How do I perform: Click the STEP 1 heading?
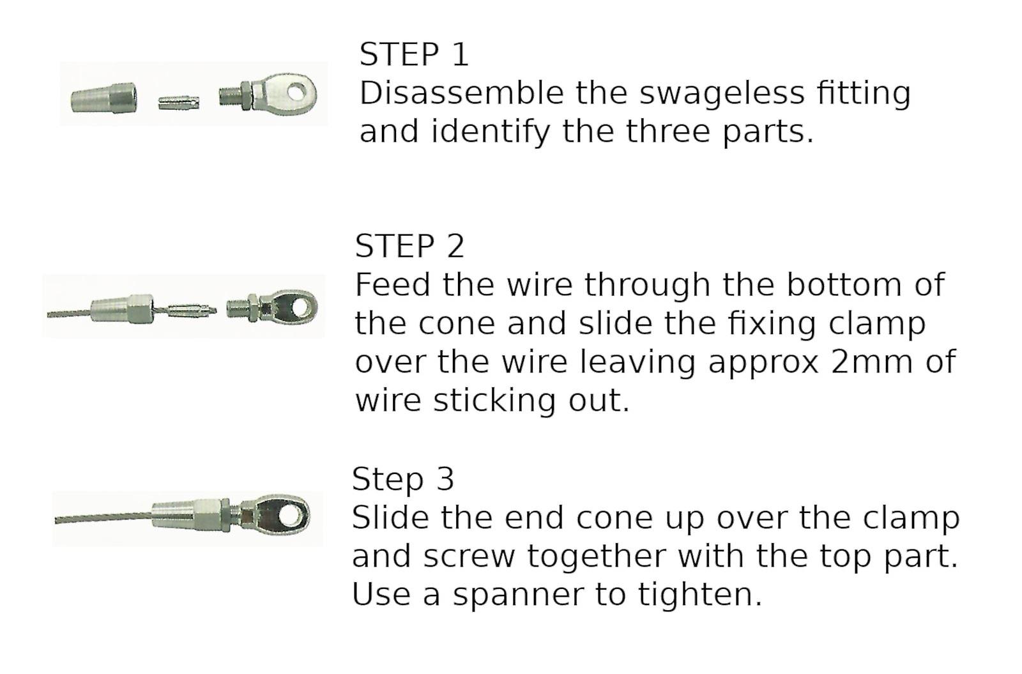(414, 54)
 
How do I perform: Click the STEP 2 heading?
(409, 246)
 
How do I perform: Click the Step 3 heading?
(403, 480)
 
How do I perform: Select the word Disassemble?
(462, 93)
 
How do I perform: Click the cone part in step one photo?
(103, 98)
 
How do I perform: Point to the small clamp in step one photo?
(178, 103)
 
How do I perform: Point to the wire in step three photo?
(103, 518)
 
